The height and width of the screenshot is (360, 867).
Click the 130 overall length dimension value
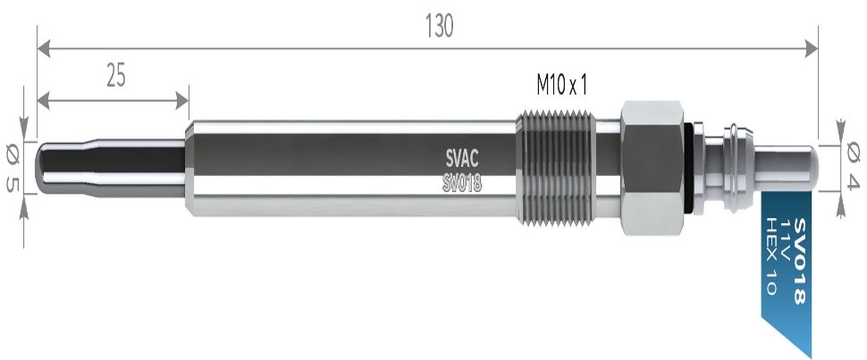point(439,27)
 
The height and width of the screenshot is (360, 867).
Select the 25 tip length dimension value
point(115,77)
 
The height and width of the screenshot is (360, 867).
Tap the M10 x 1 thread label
point(560,85)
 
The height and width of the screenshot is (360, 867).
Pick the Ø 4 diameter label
point(853,167)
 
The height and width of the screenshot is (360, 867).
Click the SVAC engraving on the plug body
point(462,160)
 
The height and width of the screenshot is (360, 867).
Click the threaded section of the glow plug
point(556,167)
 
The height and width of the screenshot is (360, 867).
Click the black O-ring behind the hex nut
point(689,167)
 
